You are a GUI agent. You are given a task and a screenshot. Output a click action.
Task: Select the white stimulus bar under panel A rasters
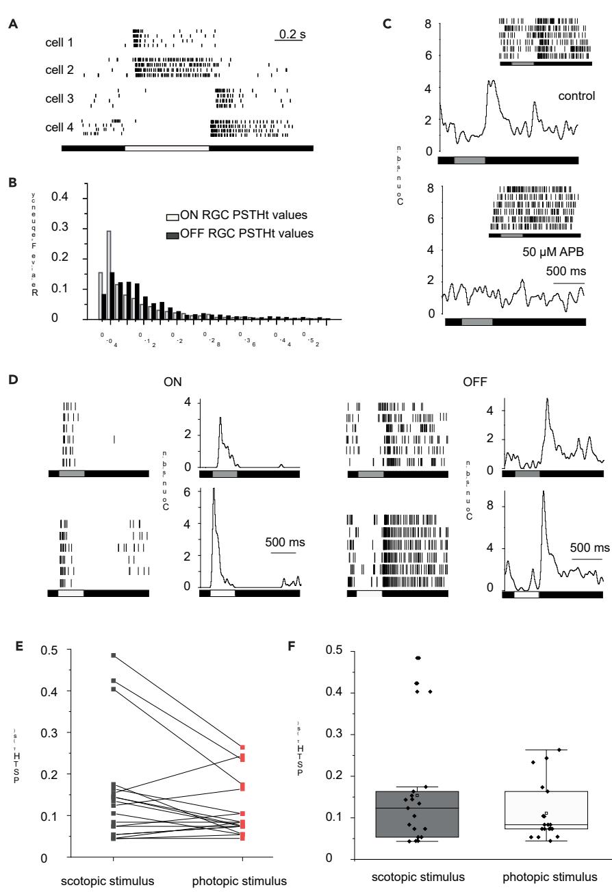pos(167,147)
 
